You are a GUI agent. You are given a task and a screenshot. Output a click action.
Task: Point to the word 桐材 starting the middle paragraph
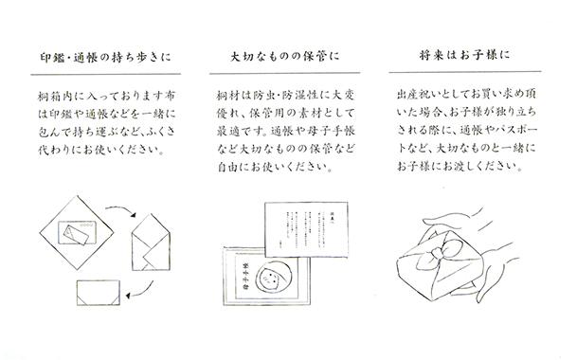pos(228,97)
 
